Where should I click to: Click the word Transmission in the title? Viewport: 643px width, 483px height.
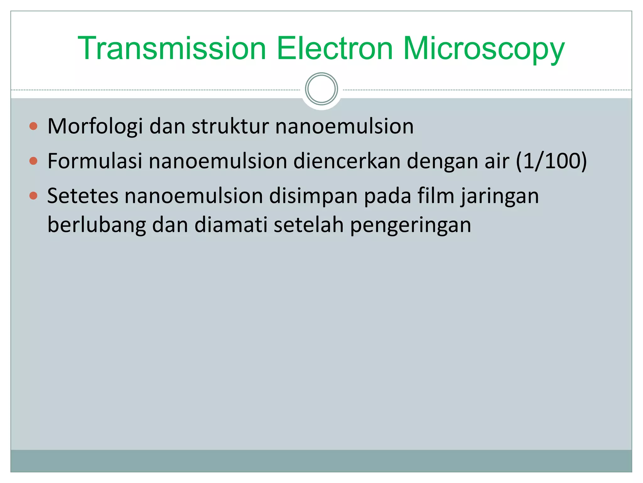point(172,48)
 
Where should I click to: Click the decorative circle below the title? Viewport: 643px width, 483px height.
point(321,89)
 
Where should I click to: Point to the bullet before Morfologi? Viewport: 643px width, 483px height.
point(33,126)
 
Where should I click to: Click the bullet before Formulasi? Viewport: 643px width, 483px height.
point(33,161)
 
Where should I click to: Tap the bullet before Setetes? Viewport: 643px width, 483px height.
point(33,196)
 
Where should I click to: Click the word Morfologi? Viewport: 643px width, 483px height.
point(95,127)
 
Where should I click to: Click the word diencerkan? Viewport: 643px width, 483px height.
point(347,161)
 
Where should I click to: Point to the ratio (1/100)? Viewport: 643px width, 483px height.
point(551,161)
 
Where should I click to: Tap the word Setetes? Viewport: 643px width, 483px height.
point(83,196)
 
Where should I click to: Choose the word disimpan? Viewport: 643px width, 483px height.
point(313,196)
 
